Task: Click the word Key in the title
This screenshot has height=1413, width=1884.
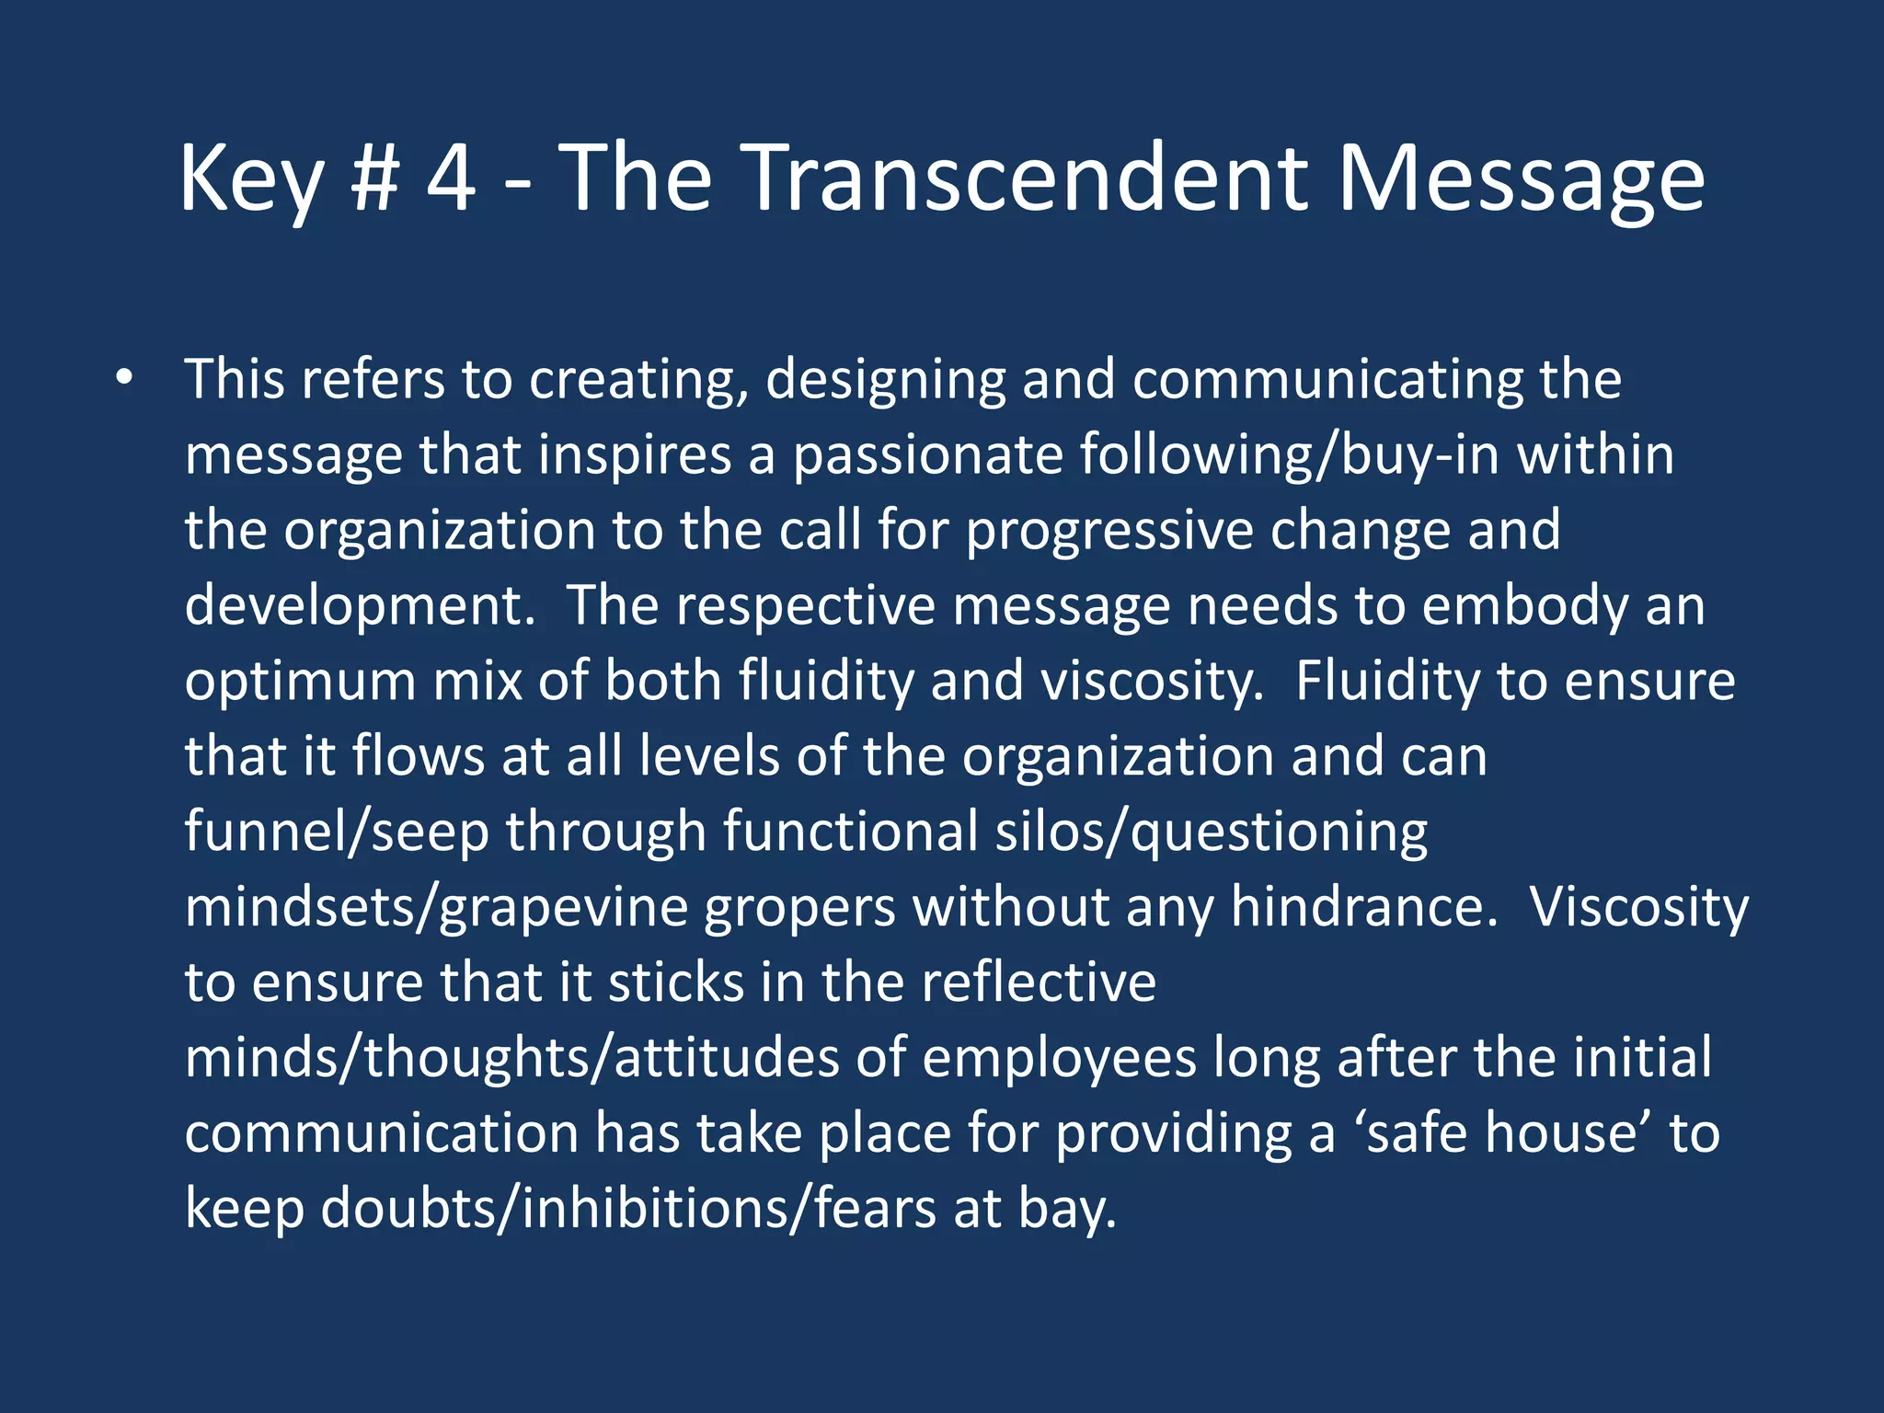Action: click(251, 179)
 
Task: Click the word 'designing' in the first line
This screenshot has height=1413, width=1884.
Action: click(885, 380)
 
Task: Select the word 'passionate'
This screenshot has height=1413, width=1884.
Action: click(927, 455)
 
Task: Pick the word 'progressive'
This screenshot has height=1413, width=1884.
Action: click(1109, 531)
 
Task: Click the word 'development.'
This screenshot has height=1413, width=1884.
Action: click(360, 606)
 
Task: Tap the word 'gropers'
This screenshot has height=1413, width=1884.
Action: click(799, 907)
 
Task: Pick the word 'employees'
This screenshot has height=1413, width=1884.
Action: click(1059, 1058)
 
